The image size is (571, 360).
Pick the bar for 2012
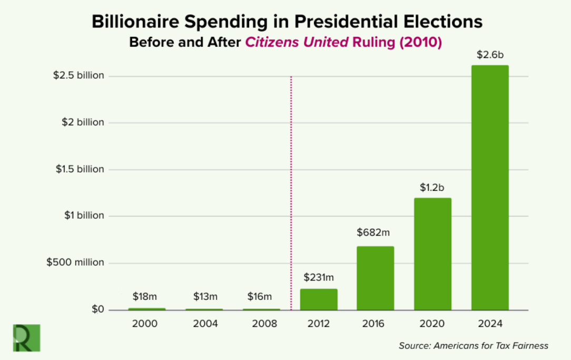point(319,299)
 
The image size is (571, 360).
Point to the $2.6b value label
point(490,55)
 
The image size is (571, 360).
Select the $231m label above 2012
point(319,277)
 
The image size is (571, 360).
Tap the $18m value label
point(145,297)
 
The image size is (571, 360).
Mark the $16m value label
point(260,297)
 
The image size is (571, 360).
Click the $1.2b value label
point(432,187)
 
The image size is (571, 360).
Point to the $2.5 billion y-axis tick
point(78,75)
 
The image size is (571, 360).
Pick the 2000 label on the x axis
point(144,324)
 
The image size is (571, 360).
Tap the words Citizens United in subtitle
point(297,42)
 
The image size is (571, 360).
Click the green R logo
point(26,338)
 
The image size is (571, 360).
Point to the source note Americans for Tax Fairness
point(474,346)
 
